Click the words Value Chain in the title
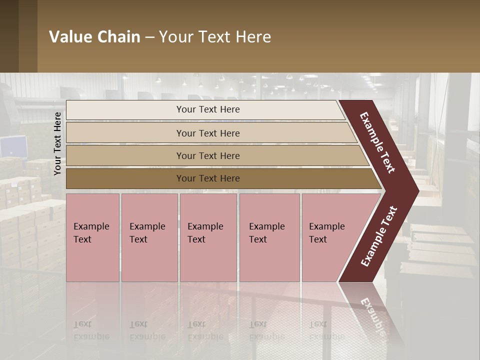pos(94,37)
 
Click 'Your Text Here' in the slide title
pos(215,37)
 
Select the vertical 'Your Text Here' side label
pos(57,143)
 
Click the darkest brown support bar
pos(125,178)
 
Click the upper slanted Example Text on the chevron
pos(377,142)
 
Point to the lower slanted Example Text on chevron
pos(379,236)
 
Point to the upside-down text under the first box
pos(91,330)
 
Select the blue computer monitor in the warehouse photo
pos(13,146)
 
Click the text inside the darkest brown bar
pos(208,178)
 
